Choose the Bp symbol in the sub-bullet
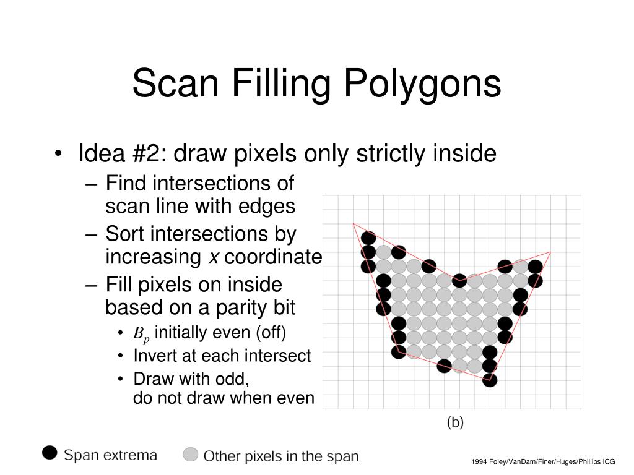[141, 334]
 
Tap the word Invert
[154, 356]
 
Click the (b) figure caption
[455, 422]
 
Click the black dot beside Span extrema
[50, 453]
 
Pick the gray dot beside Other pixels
[191, 455]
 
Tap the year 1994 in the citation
[479, 462]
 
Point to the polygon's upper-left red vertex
[353, 223]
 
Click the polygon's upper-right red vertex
[550, 252]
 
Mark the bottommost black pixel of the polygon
[490, 380]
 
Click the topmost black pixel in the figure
[368, 237]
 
